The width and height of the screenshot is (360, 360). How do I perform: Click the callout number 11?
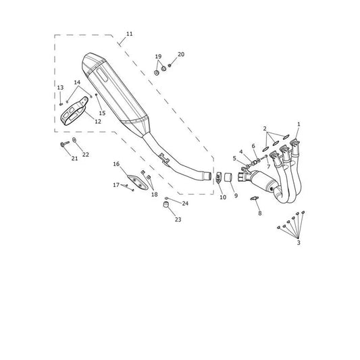click(130, 34)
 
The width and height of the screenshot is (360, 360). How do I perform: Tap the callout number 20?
click(181, 55)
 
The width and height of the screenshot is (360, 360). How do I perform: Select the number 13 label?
click(60, 88)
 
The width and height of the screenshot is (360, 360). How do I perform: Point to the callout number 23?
click(178, 220)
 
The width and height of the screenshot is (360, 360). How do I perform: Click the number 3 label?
click(299, 242)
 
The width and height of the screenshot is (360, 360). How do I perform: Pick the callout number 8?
click(259, 213)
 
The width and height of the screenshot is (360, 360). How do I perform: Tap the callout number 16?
click(116, 164)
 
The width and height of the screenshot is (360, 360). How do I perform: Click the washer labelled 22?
click(74, 139)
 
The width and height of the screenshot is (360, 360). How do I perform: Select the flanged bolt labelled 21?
click(65, 144)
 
